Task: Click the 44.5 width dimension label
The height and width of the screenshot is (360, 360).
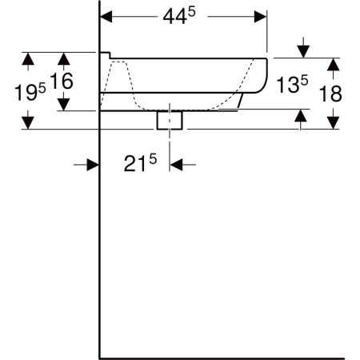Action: [x=179, y=16]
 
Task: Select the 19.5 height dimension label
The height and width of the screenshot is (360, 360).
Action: [x=30, y=92]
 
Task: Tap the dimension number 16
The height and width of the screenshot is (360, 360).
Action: [x=62, y=81]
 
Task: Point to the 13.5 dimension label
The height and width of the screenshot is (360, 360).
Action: [x=292, y=84]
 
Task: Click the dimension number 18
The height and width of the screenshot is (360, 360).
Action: [x=330, y=94]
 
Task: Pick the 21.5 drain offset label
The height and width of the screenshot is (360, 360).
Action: [x=140, y=162]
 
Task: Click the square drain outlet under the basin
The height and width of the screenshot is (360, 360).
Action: [x=170, y=120]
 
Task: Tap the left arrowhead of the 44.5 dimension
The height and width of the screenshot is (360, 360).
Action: [x=106, y=17]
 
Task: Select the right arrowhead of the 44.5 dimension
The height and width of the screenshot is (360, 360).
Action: [x=260, y=17]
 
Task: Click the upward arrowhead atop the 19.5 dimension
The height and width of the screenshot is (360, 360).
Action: [x=28, y=58]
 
